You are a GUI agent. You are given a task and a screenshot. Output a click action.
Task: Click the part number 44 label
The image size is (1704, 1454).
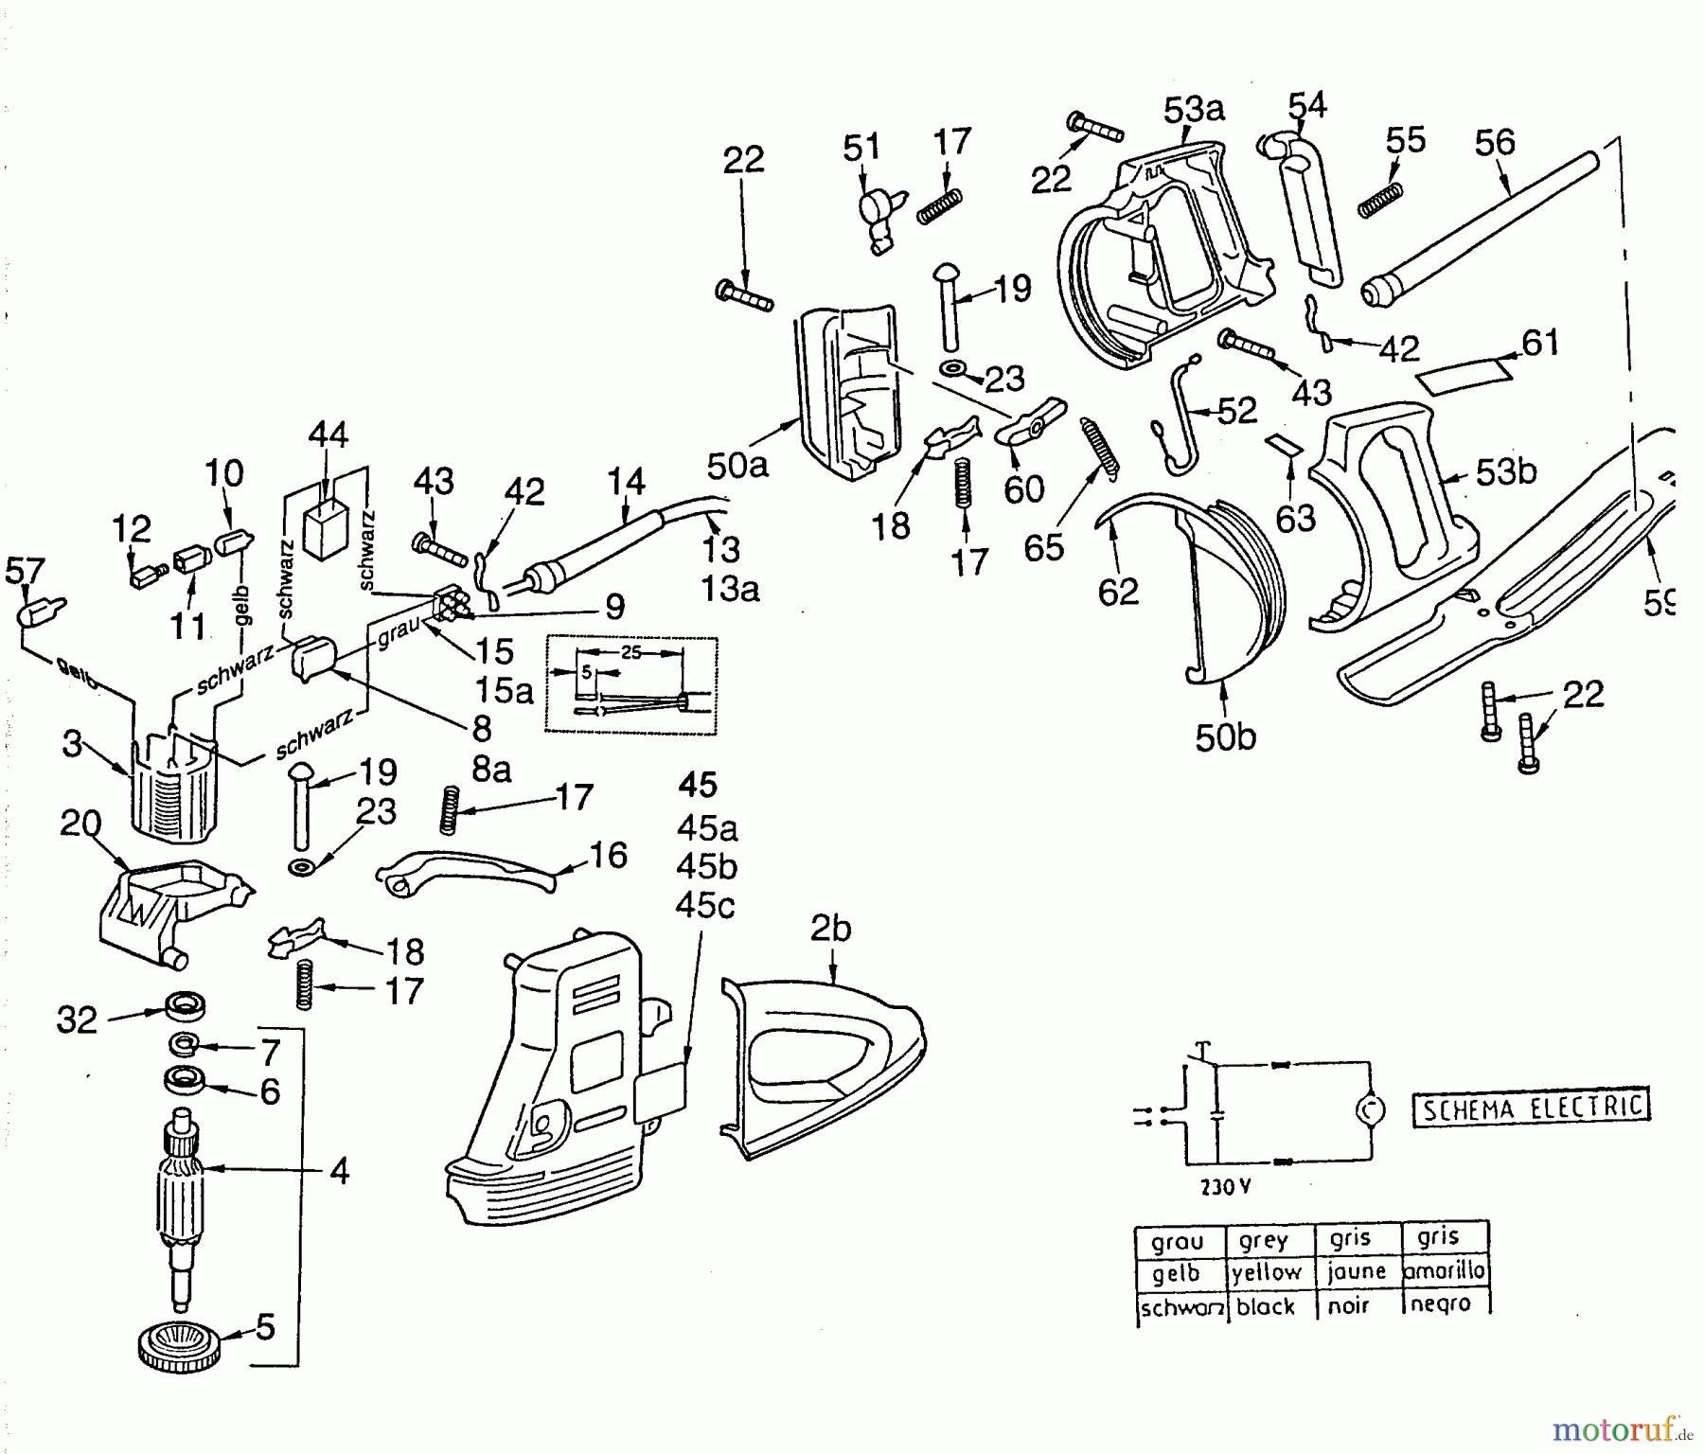pyautogui.click(x=328, y=435)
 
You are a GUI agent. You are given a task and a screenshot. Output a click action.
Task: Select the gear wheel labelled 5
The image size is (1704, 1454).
pyautogui.click(x=180, y=1345)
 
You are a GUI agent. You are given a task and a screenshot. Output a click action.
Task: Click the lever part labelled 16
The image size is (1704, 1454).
pyautogui.click(x=469, y=870)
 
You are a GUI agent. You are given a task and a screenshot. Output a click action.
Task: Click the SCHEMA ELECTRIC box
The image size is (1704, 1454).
pyautogui.click(x=1531, y=1107)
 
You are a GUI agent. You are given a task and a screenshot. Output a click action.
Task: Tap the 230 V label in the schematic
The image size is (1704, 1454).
pyautogui.click(x=1225, y=1187)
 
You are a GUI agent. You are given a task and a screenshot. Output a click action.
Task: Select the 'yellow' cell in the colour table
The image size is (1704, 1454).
pyautogui.click(x=1267, y=1272)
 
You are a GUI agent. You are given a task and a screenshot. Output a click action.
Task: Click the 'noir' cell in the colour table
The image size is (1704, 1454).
pyautogui.click(x=1348, y=1305)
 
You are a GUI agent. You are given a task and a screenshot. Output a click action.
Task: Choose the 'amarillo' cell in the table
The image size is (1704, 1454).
pyautogui.click(x=1443, y=1271)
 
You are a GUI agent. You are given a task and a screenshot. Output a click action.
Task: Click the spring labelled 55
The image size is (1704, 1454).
pyautogui.click(x=1379, y=200)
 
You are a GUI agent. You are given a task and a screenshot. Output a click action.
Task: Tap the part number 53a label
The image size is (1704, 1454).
pyautogui.click(x=1193, y=110)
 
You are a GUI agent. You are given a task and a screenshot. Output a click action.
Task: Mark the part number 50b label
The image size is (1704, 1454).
pyautogui.click(x=1225, y=737)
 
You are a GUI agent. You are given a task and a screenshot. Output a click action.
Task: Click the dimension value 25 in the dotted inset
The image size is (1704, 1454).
pyautogui.click(x=630, y=653)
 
